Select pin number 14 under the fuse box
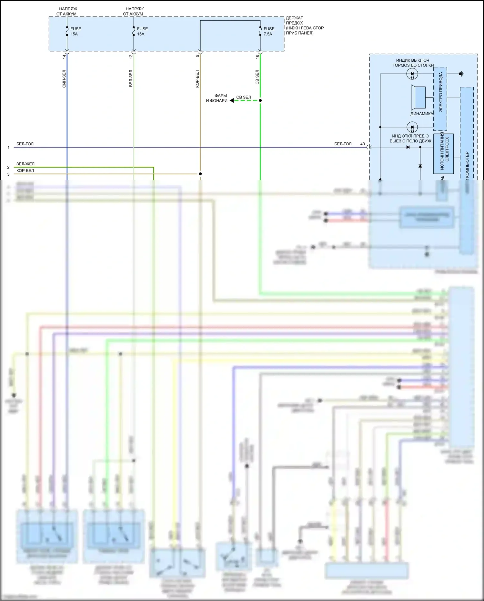click(64, 57)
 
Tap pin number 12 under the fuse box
click(131, 57)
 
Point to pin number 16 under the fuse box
click(257, 57)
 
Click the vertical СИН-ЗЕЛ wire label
click(64, 79)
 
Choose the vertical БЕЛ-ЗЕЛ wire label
click(131, 78)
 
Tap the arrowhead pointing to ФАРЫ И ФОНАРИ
click(232, 100)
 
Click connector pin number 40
click(363, 144)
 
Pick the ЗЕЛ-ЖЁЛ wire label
click(25, 164)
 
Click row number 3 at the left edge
click(8, 174)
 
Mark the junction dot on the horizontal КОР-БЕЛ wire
click(200, 174)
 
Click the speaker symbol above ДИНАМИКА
click(418, 97)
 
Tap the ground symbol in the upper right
click(461, 74)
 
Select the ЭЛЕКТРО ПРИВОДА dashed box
click(440, 98)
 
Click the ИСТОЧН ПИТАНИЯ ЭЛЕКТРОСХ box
click(443, 153)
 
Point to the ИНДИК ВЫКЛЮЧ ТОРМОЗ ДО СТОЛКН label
click(413, 63)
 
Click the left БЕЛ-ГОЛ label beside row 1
click(25, 144)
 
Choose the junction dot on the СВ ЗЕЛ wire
click(260, 100)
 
